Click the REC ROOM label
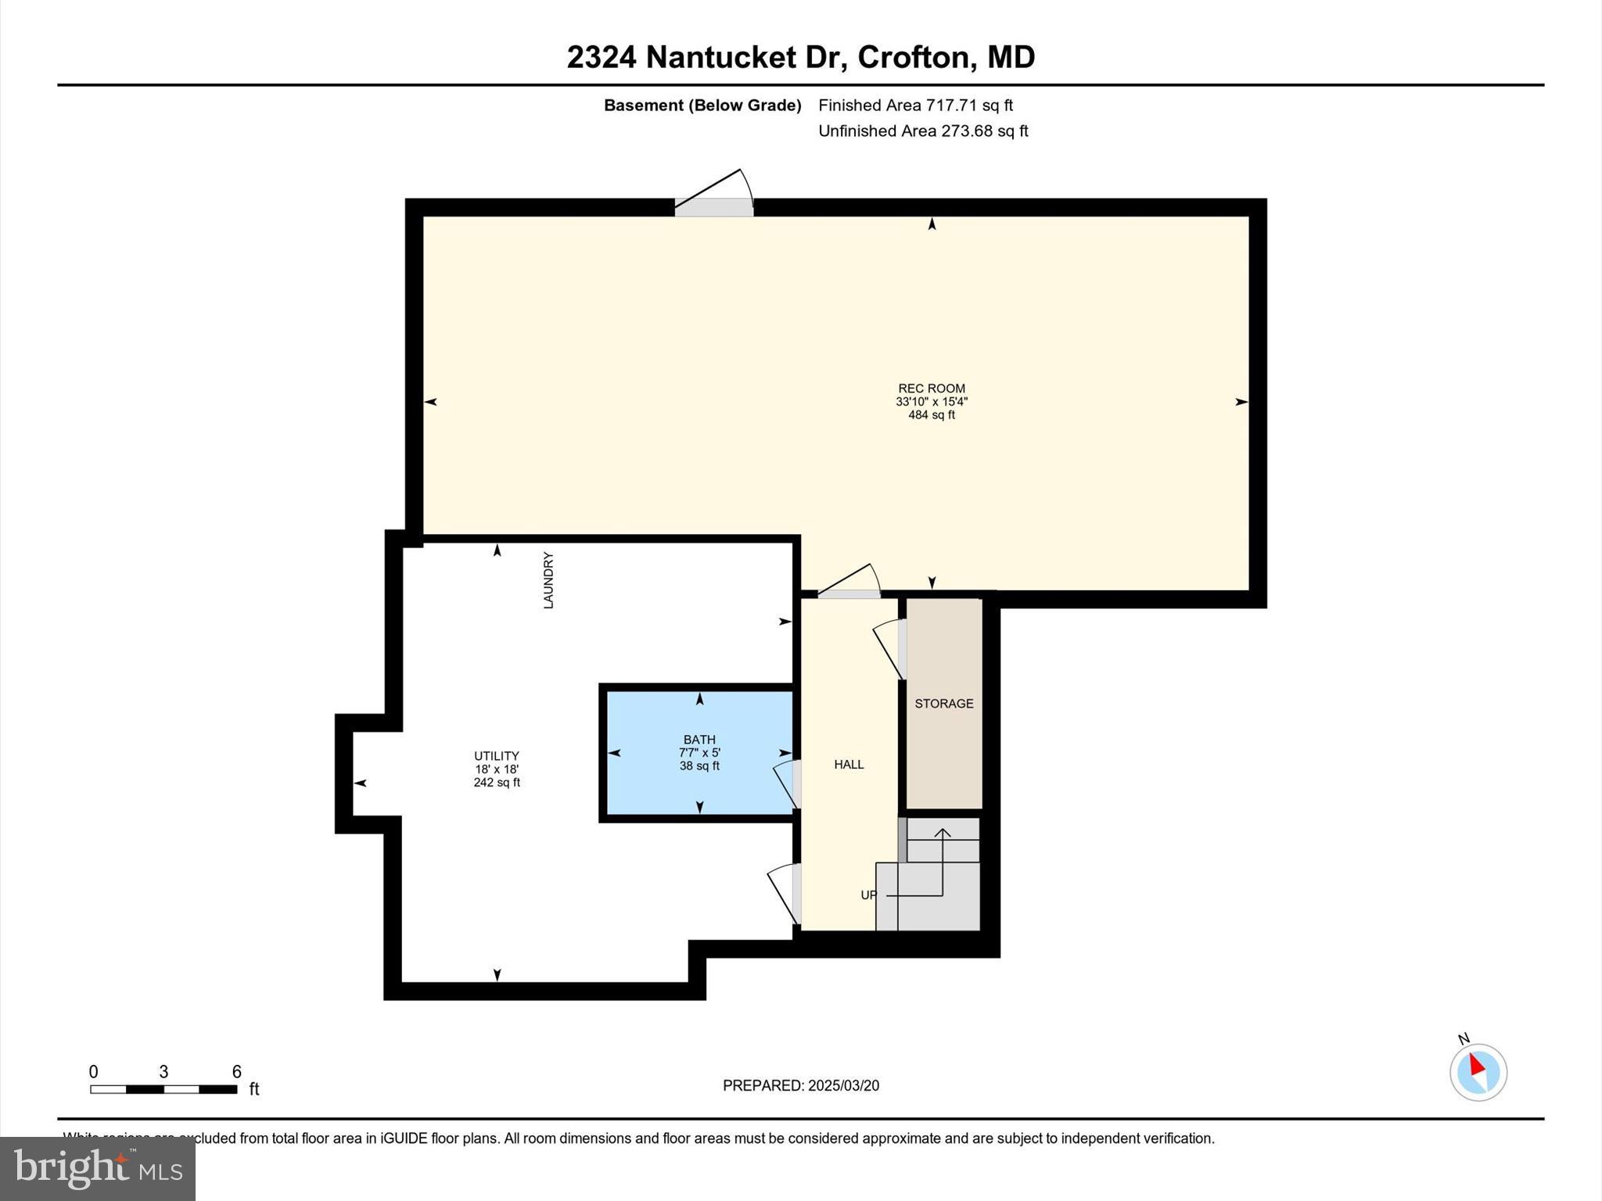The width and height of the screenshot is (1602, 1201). [x=931, y=389]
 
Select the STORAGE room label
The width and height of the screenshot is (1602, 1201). [x=944, y=704]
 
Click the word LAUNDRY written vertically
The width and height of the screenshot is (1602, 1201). [x=548, y=581]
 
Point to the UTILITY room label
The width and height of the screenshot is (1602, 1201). [x=496, y=756]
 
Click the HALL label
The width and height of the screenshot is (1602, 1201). [x=849, y=765]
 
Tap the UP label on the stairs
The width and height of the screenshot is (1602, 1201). [x=868, y=895]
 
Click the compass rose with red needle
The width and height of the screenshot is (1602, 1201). [x=1478, y=1072]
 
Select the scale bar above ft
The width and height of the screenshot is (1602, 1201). [x=163, y=1089]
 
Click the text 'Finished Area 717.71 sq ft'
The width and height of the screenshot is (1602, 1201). [x=915, y=106]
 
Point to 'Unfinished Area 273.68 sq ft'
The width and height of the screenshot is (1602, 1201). [x=923, y=131]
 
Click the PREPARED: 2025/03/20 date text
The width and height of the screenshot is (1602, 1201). [x=800, y=1085]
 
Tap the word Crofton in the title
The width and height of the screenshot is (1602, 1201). [x=914, y=57]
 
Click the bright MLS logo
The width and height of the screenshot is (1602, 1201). [x=98, y=1168]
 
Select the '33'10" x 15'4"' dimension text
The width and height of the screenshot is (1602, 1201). [x=931, y=402]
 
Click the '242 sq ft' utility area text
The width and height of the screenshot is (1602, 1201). [x=496, y=783]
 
